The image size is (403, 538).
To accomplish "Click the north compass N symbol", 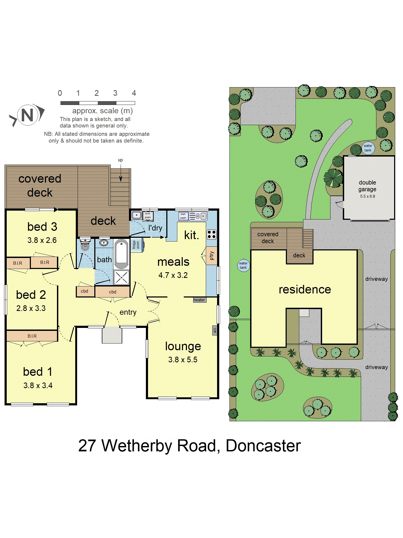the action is pyautogui.click(x=27, y=115).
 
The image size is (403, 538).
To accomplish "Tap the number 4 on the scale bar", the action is pyautogui.click(x=134, y=93).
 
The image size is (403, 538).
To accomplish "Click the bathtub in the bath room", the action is pyautogui.click(x=121, y=254).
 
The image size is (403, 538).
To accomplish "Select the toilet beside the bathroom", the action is pyautogui.click(x=85, y=245).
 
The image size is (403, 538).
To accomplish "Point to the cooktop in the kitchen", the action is pyautogui.click(x=211, y=235).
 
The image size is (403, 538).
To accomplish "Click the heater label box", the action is pyautogui.click(x=199, y=300).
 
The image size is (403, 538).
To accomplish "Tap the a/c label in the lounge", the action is pyautogui.click(x=215, y=330).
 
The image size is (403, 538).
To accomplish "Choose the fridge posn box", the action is pyautogui.click(x=136, y=245).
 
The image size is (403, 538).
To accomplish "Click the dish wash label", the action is pyautogui.click(x=183, y=216).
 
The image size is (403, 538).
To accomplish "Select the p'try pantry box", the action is pyautogui.click(x=212, y=256).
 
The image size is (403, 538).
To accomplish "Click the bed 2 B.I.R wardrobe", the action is pyautogui.click(x=18, y=263).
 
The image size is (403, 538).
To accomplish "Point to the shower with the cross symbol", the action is pyautogui.click(x=121, y=277).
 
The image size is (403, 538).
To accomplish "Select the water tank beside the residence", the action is pyautogui.click(x=243, y=265).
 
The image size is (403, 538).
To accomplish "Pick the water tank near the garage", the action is pyautogui.click(x=368, y=148).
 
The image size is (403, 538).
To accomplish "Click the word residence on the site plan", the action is pyautogui.click(x=305, y=289).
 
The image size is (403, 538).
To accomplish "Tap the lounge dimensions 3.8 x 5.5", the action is pyautogui.click(x=183, y=360).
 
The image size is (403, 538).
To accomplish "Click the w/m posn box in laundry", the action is pyautogui.click(x=148, y=216).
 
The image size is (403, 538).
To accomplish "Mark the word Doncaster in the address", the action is pyautogui.click(x=263, y=446).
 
